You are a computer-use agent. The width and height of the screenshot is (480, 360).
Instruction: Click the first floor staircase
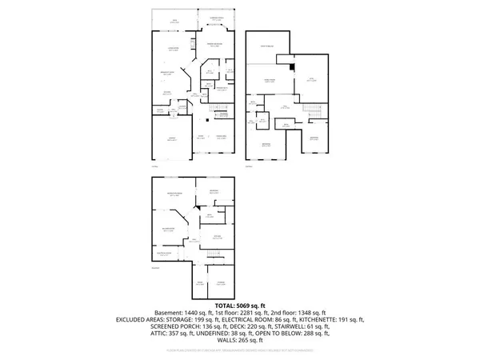(218, 111)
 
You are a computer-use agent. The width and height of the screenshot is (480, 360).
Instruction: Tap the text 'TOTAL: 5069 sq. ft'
(239, 305)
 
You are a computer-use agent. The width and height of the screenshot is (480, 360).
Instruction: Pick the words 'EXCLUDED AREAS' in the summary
(151, 319)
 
